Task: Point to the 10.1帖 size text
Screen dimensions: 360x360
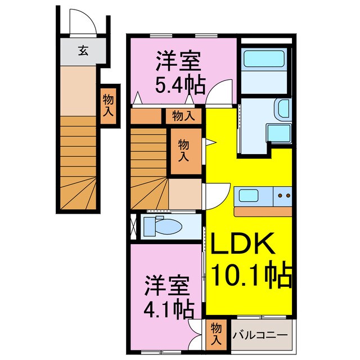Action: (251, 275)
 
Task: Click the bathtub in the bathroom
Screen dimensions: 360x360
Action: (265, 60)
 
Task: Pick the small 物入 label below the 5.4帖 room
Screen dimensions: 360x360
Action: (183, 116)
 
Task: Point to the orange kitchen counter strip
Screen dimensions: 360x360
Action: (263, 212)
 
